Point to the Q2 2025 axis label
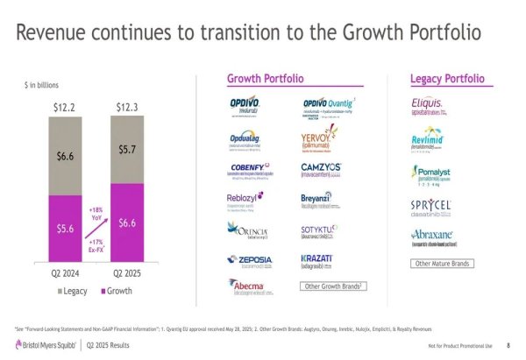(127, 272)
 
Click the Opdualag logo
(249, 138)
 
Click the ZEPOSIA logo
(249, 260)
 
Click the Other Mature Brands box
(443, 264)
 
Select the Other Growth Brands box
(334, 286)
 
